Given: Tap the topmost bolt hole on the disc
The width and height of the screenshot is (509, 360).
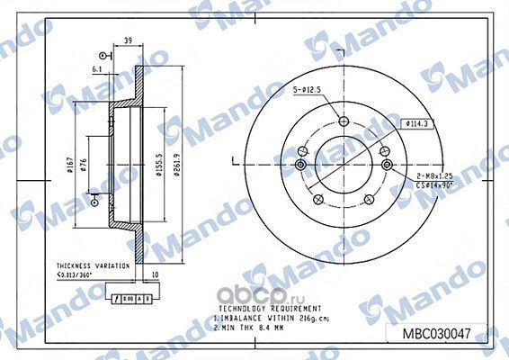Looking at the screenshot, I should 343,123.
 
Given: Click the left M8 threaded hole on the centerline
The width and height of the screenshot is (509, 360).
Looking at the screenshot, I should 299,164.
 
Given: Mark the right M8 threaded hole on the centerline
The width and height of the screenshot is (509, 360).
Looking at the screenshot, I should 387,164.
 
